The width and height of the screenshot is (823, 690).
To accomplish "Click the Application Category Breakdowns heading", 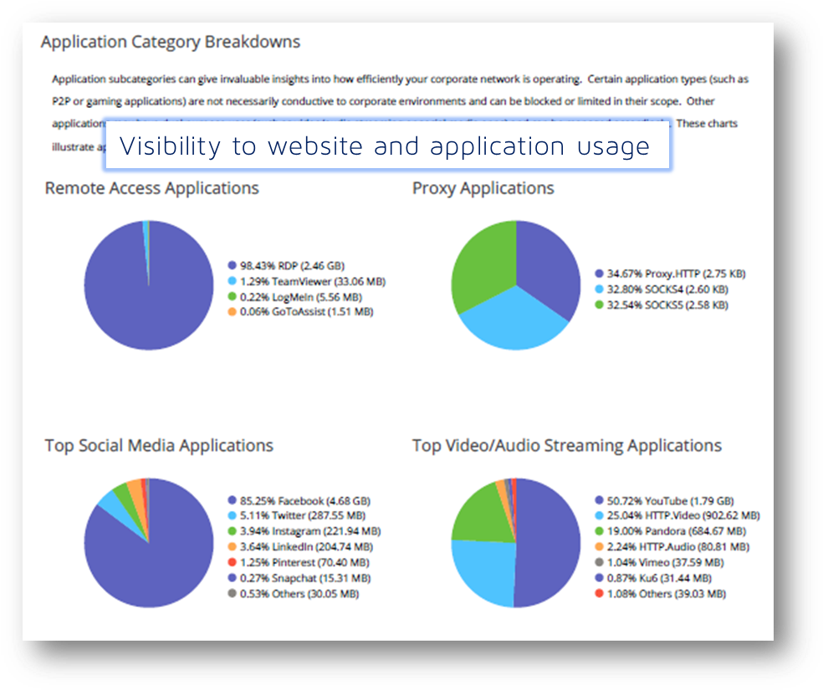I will click(x=171, y=42).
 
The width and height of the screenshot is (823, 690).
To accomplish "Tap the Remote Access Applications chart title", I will click(x=151, y=188).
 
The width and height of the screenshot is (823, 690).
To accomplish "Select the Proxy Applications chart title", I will click(x=483, y=188).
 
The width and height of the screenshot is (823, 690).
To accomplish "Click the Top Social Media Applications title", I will click(x=159, y=446).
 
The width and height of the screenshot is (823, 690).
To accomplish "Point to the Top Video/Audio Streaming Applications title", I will click(x=566, y=446).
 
